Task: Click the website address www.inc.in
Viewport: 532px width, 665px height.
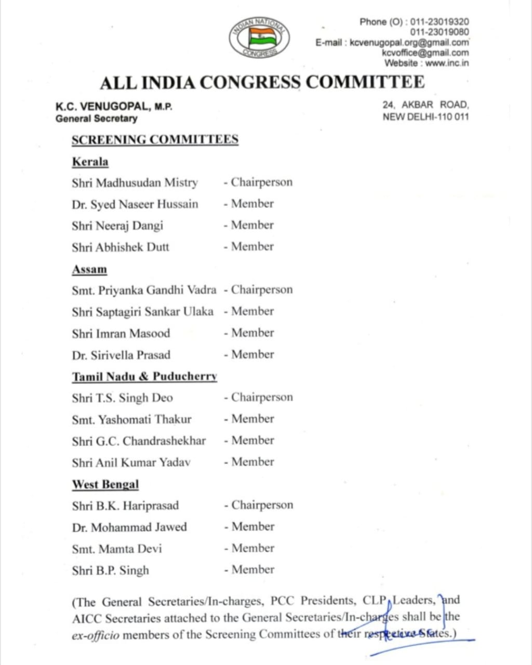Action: (447, 63)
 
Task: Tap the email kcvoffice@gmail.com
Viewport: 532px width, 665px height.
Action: (425, 53)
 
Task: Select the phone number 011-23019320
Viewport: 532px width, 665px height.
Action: (440, 22)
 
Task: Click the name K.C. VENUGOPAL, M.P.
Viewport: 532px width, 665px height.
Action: (114, 107)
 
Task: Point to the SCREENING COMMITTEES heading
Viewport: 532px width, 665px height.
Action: (155, 140)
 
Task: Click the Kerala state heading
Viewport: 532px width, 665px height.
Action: (90, 162)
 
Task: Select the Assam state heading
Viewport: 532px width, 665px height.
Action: (89, 269)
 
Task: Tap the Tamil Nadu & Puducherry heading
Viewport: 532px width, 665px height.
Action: (144, 377)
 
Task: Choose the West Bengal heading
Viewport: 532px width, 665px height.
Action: (105, 484)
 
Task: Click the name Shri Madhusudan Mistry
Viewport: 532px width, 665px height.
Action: (135, 183)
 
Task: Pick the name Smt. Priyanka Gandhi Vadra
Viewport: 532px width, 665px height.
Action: (144, 290)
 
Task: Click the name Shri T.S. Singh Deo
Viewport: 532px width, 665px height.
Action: (122, 398)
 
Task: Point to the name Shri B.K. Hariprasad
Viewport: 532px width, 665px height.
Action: (125, 506)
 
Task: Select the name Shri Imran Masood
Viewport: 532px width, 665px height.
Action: (121, 334)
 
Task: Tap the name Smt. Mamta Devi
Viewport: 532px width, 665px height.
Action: (117, 549)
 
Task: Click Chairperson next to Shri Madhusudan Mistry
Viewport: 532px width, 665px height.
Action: (261, 182)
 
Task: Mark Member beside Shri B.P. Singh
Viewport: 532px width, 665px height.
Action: (252, 569)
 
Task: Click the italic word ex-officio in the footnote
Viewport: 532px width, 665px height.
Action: (96, 635)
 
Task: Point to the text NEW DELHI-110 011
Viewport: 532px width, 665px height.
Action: (425, 117)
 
